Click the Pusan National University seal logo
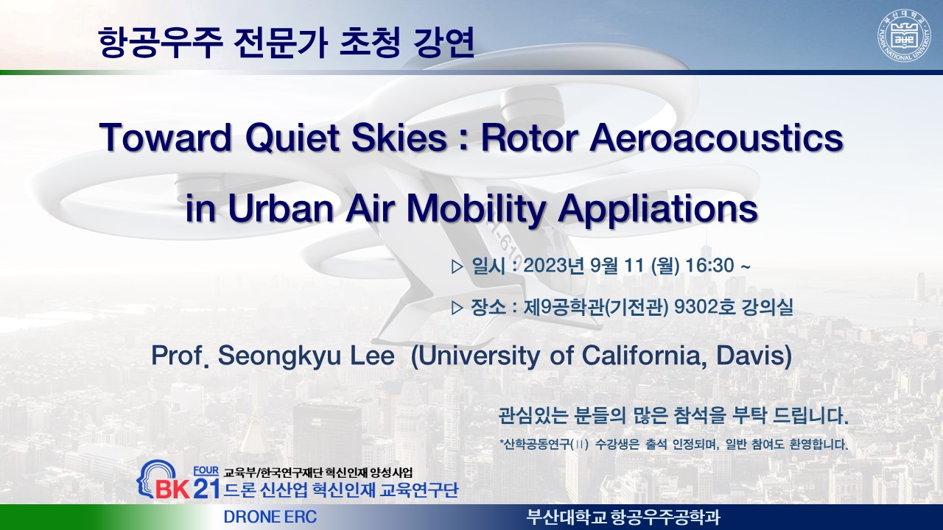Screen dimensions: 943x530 click(x=904, y=35)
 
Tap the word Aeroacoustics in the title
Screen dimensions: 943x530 click(x=717, y=138)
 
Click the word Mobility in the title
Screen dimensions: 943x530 click(x=477, y=208)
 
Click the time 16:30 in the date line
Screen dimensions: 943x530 click(x=709, y=266)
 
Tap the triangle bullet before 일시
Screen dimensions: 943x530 click(x=457, y=266)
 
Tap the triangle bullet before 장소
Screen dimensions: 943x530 click(x=457, y=308)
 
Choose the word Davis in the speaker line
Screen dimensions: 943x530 click(x=754, y=356)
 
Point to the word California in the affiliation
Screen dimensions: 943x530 click(x=645, y=356)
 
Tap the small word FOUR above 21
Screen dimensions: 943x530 click(x=206, y=470)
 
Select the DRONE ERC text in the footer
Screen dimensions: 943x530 click(x=270, y=517)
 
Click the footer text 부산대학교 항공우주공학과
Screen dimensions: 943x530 click(x=623, y=517)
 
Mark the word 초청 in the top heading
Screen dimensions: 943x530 click(x=370, y=43)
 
